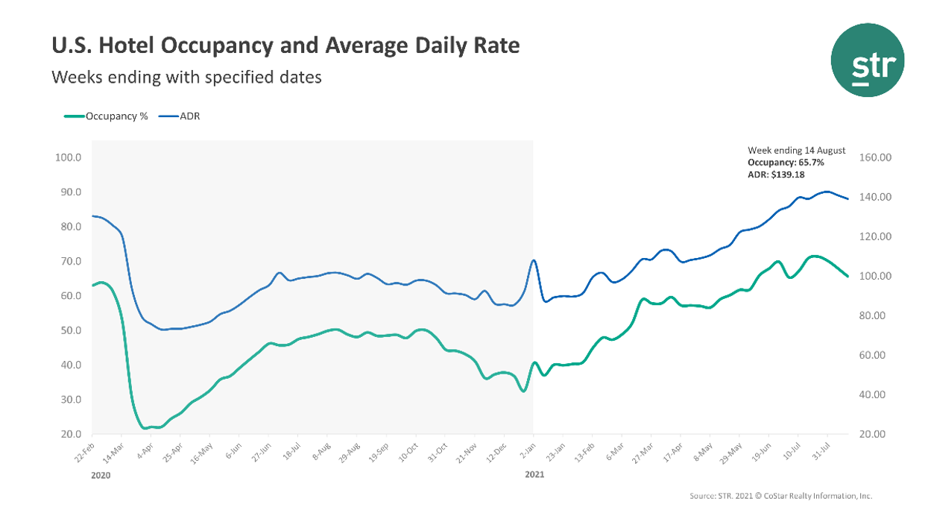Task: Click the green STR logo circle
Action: tap(867, 60)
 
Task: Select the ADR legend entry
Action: tap(189, 116)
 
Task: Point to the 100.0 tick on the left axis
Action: tap(68, 157)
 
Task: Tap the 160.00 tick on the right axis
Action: tap(876, 157)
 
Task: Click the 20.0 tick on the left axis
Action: tap(68, 434)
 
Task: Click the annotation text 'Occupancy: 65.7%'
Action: tap(786, 162)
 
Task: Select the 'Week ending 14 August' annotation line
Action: tap(786, 150)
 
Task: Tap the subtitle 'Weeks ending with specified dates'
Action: tap(186, 77)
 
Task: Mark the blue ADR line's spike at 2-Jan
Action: tap(533, 260)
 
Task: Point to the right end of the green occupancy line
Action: tap(847, 277)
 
